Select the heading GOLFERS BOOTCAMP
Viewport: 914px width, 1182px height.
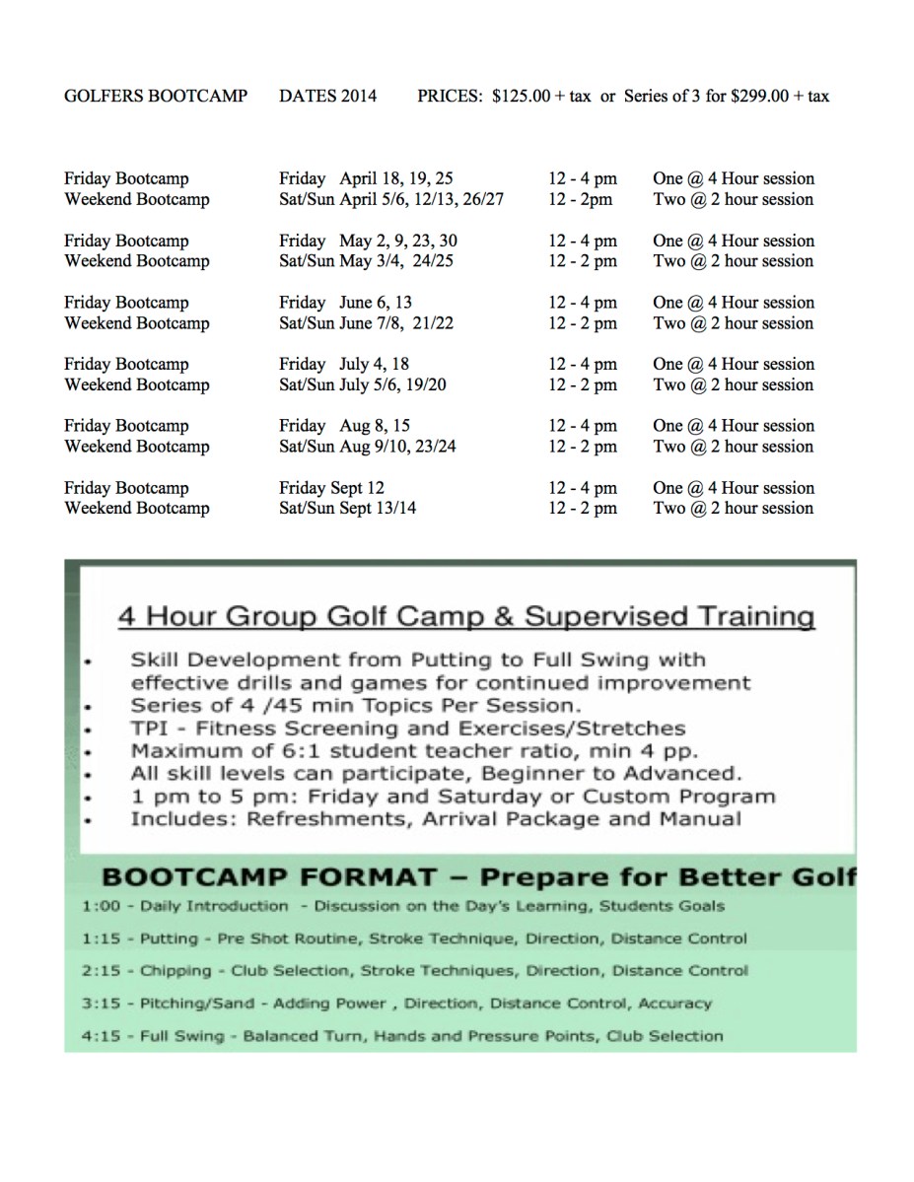(x=156, y=97)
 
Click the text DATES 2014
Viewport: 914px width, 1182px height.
(x=327, y=97)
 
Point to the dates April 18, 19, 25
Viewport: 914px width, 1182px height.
(x=396, y=178)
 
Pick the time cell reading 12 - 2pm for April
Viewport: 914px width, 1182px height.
(x=581, y=199)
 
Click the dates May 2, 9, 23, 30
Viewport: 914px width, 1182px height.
(x=398, y=241)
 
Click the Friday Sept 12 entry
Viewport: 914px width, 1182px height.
(x=331, y=488)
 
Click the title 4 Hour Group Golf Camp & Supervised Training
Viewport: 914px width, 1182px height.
(x=466, y=617)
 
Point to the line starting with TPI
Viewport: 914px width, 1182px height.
(x=407, y=729)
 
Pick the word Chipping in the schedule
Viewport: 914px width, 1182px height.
(x=176, y=971)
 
